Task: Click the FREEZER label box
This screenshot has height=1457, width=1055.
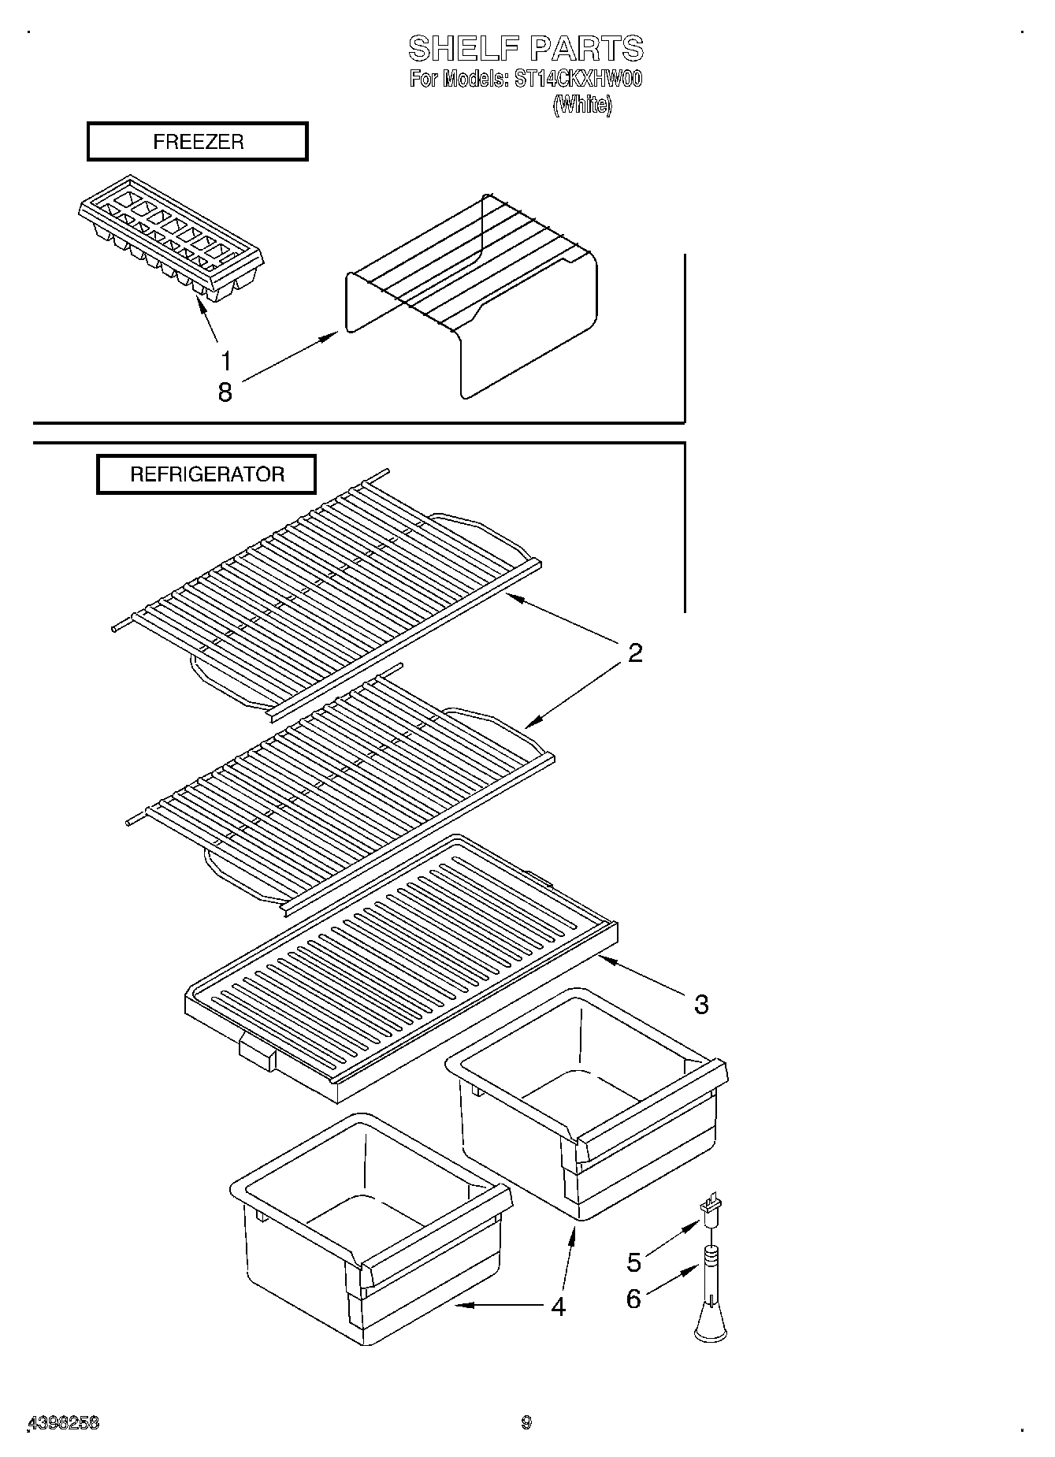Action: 197,142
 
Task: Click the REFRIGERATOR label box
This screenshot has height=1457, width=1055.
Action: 206,474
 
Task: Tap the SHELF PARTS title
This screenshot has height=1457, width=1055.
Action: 526,49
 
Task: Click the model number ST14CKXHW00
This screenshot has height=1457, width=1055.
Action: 578,79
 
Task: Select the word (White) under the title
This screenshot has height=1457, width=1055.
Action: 581,105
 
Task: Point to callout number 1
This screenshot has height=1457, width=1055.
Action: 226,362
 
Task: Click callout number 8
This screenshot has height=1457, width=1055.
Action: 225,392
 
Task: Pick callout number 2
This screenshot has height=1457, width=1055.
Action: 635,652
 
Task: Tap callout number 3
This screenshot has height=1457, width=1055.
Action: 701,1004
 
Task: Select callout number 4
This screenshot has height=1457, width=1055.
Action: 558,1306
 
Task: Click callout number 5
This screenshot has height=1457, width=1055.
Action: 634,1262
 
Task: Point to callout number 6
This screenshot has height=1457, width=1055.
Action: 634,1298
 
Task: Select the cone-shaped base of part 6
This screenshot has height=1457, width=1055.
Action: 711,1325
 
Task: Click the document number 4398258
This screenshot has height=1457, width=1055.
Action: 63,1422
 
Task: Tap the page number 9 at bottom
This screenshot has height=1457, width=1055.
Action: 526,1422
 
